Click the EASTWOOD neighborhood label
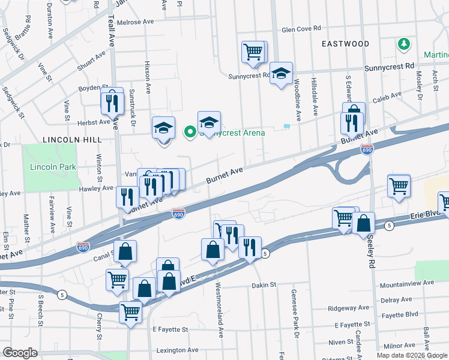tap(345, 44)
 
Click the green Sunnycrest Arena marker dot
tap(190, 131)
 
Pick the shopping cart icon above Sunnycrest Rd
tap(253, 52)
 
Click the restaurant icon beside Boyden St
tap(111, 103)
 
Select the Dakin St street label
tap(263, 285)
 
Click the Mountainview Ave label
tap(406, 283)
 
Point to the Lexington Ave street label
tap(176, 350)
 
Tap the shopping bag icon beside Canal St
tap(125, 252)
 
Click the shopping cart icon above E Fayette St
tap(130, 312)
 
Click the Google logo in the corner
tap(20, 352)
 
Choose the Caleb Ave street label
tap(387, 96)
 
